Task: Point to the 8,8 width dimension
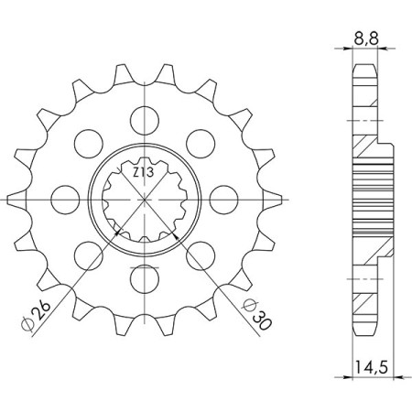point(364,40)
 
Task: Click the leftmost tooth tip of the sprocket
point(7,196)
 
